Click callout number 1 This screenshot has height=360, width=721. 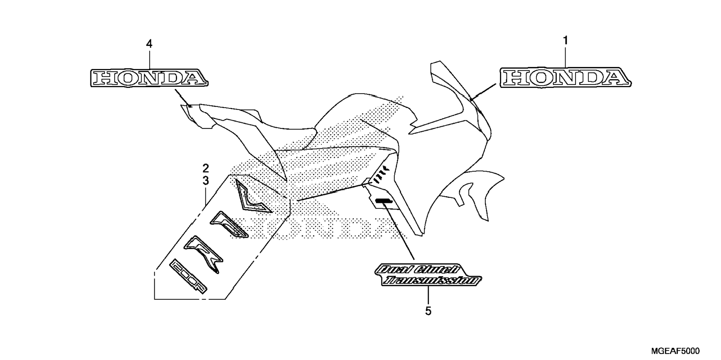565,40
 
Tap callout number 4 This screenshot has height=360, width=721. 149,44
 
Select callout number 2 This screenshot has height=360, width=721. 206,168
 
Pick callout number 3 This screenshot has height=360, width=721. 206,181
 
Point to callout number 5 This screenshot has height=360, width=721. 428,311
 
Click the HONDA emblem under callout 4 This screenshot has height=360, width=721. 149,78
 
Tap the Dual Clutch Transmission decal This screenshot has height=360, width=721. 428,275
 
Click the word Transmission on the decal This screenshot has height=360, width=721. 431,281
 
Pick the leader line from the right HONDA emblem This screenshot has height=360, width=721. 483,92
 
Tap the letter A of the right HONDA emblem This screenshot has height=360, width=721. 616,78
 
